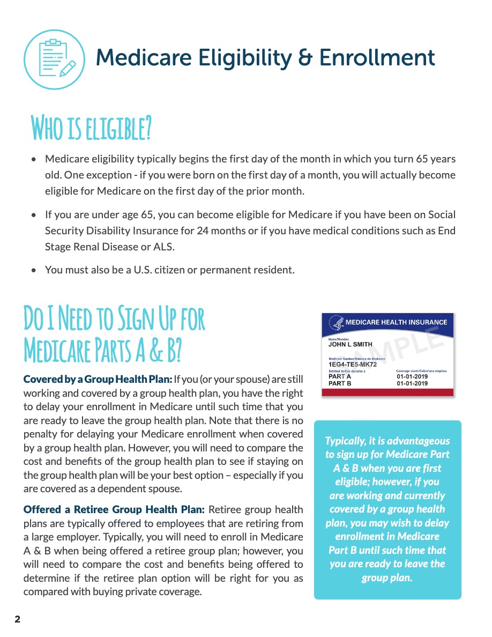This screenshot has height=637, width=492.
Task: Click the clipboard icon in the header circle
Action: (x=54, y=59)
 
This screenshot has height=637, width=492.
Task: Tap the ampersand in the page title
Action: (x=306, y=58)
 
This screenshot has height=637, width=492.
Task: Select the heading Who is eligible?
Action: (x=91, y=127)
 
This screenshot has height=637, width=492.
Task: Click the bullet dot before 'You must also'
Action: (x=34, y=270)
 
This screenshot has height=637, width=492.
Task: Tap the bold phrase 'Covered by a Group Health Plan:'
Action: (x=98, y=379)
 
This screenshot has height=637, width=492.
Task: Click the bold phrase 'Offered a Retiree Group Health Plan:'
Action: (x=114, y=509)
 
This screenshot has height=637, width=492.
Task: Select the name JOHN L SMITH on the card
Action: (x=350, y=345)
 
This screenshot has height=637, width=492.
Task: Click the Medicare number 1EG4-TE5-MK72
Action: (x=353, y=365)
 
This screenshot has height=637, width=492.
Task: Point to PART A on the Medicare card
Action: (x=340, y=376)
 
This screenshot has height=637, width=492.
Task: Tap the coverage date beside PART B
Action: (x=412, y=383)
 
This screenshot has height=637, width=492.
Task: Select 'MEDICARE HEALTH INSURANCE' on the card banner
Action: (x=396, y=323)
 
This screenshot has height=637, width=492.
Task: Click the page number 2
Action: (x=17, y=620)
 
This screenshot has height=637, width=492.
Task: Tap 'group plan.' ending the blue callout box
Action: (x=387, y=577)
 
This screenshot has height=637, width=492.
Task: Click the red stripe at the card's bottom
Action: (x=387, y=393)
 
